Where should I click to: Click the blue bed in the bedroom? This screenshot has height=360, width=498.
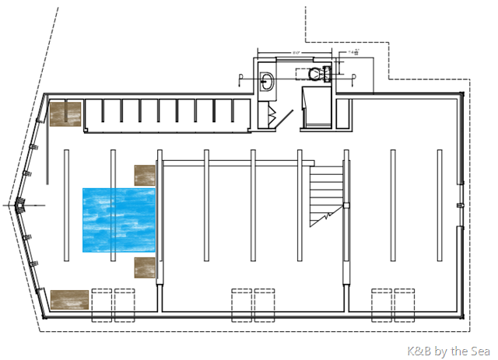pos(119,219)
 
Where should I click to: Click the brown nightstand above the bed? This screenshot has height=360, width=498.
pos(146,174)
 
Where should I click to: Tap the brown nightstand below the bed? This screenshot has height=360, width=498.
pos(146,267)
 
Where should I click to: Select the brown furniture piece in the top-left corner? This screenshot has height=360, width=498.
pos(66,113)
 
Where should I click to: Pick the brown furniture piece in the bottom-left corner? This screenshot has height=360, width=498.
pos(68,299)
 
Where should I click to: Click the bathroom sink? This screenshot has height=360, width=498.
pos(266,79)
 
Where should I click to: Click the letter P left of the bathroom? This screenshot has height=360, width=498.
pos(241,76)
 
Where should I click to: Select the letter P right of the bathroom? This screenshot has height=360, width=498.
pos(354,76)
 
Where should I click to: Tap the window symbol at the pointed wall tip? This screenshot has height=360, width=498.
pos(20,206)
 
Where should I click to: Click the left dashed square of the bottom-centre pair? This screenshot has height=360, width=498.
pos(241,304)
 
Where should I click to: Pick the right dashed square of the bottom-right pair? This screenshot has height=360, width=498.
pos(404,304)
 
